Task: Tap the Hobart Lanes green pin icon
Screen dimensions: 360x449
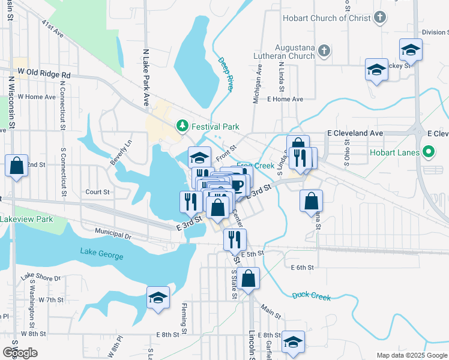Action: [x=428, y=152]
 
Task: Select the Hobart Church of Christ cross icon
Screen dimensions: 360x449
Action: [x=379, y=18]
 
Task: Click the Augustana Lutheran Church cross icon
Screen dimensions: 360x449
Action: [x=324, y=51]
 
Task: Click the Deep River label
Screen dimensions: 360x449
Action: [x=225, y=74]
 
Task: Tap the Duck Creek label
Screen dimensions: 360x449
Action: [x=312, y=296]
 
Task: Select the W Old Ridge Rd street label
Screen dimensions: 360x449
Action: [x=44, y=72]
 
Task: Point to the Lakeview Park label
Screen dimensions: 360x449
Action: [x=26, y=219]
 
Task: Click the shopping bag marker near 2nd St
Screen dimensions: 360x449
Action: [x=16, y=165]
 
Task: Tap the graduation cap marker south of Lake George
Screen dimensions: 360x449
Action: [x=158, y=297]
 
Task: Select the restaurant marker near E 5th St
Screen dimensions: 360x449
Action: [x=235, y=239]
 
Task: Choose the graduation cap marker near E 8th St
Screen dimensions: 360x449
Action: [x=293, y=342]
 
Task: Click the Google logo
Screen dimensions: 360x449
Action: [x=20, y=353]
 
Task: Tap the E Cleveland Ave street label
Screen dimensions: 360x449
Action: [x=354, y=133]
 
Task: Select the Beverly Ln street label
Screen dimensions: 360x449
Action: [x=120, y=153]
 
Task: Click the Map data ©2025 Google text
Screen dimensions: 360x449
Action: [x=411, y=355]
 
